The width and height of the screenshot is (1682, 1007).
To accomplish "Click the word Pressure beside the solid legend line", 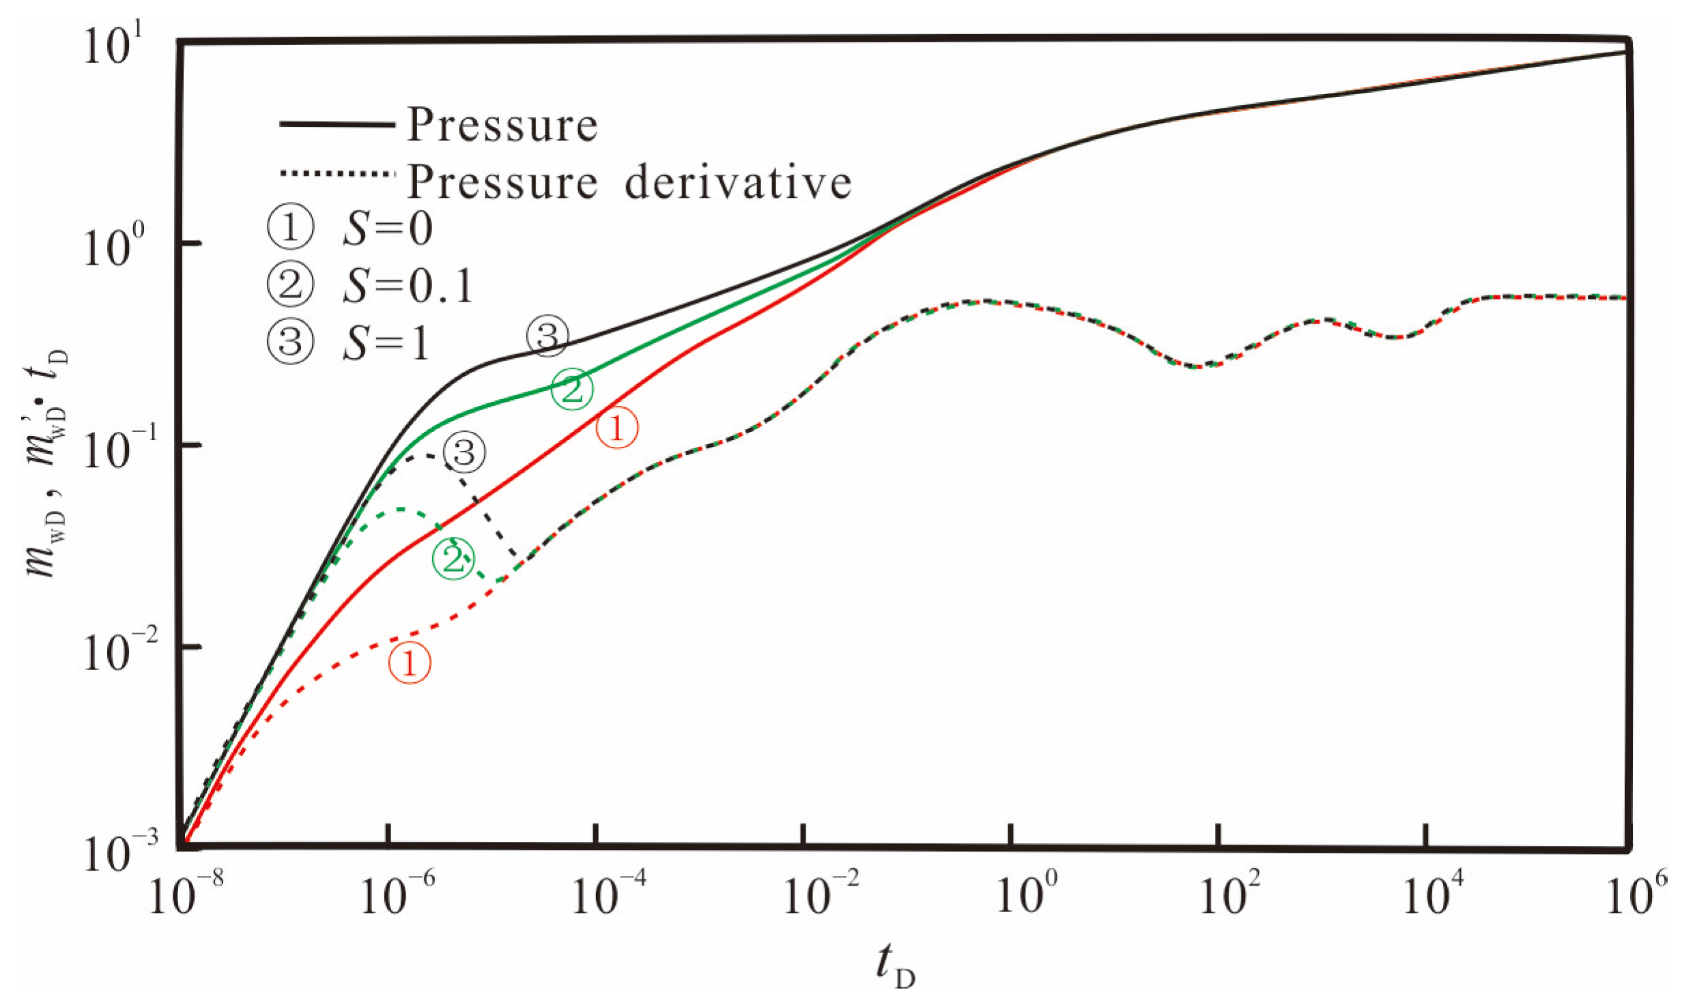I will [x=502, y=126].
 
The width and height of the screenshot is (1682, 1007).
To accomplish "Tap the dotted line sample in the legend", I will [x=337, y=174].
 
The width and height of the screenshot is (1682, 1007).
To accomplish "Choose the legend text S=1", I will [x=386, y=342].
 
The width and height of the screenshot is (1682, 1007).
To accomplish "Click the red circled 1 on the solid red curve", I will [x=617, y=428].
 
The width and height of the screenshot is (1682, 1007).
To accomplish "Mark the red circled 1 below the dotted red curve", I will [x=410, y=663].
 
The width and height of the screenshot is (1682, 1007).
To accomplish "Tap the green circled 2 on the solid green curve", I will [x=572, y=390].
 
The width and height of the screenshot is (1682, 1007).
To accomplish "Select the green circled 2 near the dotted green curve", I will [x=453, y=559].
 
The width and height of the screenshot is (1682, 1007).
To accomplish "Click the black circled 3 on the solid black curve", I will [x=547, y=336].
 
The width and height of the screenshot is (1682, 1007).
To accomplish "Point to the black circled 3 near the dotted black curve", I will [x=464, y=452].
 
